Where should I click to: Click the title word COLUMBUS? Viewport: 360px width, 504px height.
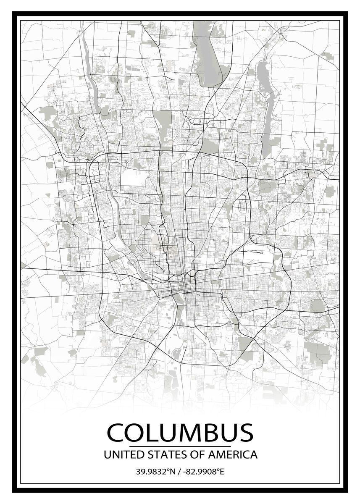[x=180, y=433]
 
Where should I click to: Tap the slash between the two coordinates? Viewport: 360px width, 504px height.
[x=180, y=471]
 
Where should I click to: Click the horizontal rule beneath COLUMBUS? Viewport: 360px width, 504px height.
[x=180, y=446]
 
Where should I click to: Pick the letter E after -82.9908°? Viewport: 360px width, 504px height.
[x=222, y=471]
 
